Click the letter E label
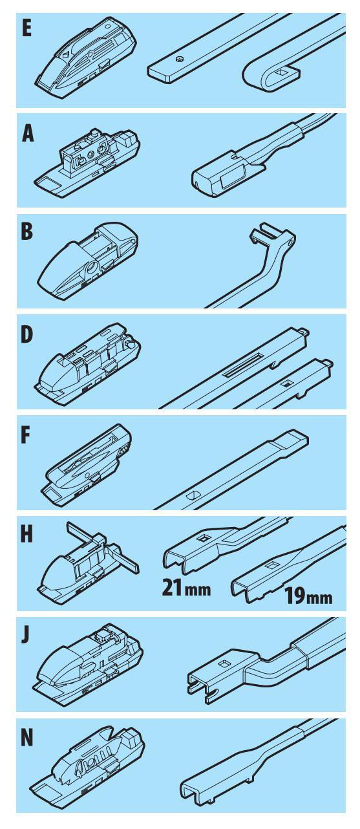click(x=26, y=28)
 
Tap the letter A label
click(x=28, y=134)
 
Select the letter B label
click(x=27, y=231)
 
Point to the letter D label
click(x=27, y=334)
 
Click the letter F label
click(x=25, y=435)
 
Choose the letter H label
click(x=27, y=534)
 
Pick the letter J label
click(x=25, y=635)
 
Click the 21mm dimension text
click(x=186, y=587)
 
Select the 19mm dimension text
click(x=308, y=596)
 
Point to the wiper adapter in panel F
click(x=89, y=464)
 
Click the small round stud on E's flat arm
click(x=180, y=59)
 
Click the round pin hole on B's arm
click(x=291, y=242)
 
